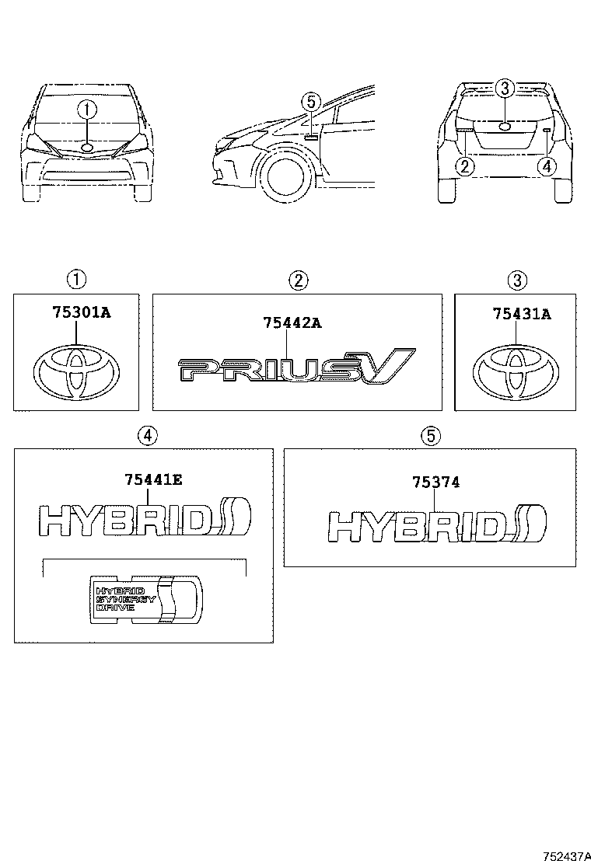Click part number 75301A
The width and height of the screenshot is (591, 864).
pos(82,314)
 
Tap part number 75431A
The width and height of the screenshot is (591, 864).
pos(521,314)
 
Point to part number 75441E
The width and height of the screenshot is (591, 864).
pos(153,480)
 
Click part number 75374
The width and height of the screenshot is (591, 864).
pos(435,483)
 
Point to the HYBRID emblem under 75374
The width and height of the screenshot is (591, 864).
pos(436,527)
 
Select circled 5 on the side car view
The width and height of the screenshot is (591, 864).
pos(309,102)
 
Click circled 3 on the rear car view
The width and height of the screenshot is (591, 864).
pos(504,89)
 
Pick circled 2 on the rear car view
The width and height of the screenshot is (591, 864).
pos(465,165)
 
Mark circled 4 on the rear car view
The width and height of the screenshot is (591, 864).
pos(547,165)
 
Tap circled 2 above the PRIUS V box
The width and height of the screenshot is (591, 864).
pos(298,280)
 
